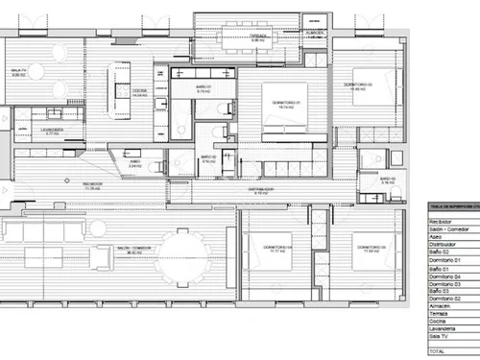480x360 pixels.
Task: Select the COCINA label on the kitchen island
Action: point(140,92)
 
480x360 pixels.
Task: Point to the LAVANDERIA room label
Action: point(52,131)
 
